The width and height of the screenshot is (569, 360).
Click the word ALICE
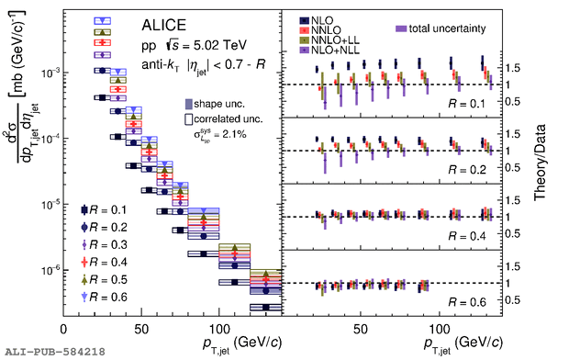163,25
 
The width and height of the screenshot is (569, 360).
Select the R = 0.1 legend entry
104,210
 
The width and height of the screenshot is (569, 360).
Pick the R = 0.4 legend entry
104,263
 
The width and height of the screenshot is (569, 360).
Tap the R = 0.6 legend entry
104,298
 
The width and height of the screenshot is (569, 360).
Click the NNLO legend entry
320,30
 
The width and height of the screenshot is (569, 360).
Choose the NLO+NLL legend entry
329,50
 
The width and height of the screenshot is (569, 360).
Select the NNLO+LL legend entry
329,40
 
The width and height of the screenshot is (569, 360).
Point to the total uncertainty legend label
441,28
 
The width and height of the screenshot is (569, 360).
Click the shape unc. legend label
215,105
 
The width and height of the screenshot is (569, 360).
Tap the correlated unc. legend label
224,119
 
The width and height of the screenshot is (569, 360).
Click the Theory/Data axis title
540,162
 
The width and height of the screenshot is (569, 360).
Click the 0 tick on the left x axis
63,330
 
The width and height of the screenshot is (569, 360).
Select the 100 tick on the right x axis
440,330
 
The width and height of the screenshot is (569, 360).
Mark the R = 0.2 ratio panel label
466,170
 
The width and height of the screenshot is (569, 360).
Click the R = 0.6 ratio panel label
466,302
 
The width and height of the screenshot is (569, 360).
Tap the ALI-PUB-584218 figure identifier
55,352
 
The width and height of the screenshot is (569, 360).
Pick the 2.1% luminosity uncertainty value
235,134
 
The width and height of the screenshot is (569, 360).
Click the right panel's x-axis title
463,343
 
